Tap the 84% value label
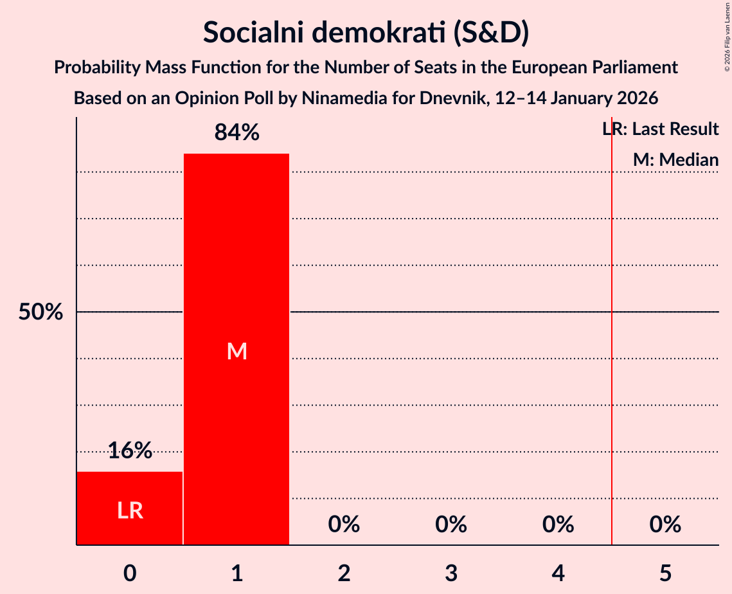[x=237, y=133]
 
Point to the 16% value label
[x=130, y=451]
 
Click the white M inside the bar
[x=237, y=351]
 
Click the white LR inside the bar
[x=130, y=510]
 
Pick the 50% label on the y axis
[x=40, y=312]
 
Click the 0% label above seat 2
[x=344, y=525]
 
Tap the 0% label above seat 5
[x=665, y=525]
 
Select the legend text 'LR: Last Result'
[x=661, y=129]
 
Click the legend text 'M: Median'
[x=675, y=160]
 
